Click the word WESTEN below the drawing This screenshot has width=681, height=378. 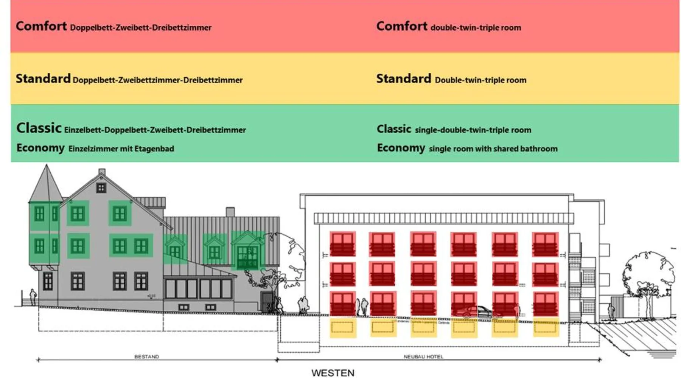coord(333,373)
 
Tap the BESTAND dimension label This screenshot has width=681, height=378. coord(147,356)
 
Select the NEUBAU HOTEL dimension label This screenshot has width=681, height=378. coord(423,356)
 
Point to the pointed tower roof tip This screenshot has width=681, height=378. coord(47,166)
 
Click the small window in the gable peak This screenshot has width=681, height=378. coord(101,187)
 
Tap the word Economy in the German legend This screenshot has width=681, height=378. coord(40,148)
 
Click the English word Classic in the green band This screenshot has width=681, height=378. coord(394,129)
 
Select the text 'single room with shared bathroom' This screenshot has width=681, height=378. coord(493,149)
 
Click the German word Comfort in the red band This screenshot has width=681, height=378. coord(41,26)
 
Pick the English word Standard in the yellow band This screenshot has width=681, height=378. coord(403,79)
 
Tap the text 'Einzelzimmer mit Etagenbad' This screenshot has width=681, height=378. coord(121,149)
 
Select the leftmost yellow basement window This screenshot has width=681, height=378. coord(342,327)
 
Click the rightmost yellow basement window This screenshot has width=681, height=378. coord(545,327)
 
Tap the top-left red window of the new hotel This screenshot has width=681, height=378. coord(342,244)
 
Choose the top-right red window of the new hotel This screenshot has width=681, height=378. coord(545,244)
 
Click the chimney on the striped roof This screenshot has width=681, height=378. coord(230,212)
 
